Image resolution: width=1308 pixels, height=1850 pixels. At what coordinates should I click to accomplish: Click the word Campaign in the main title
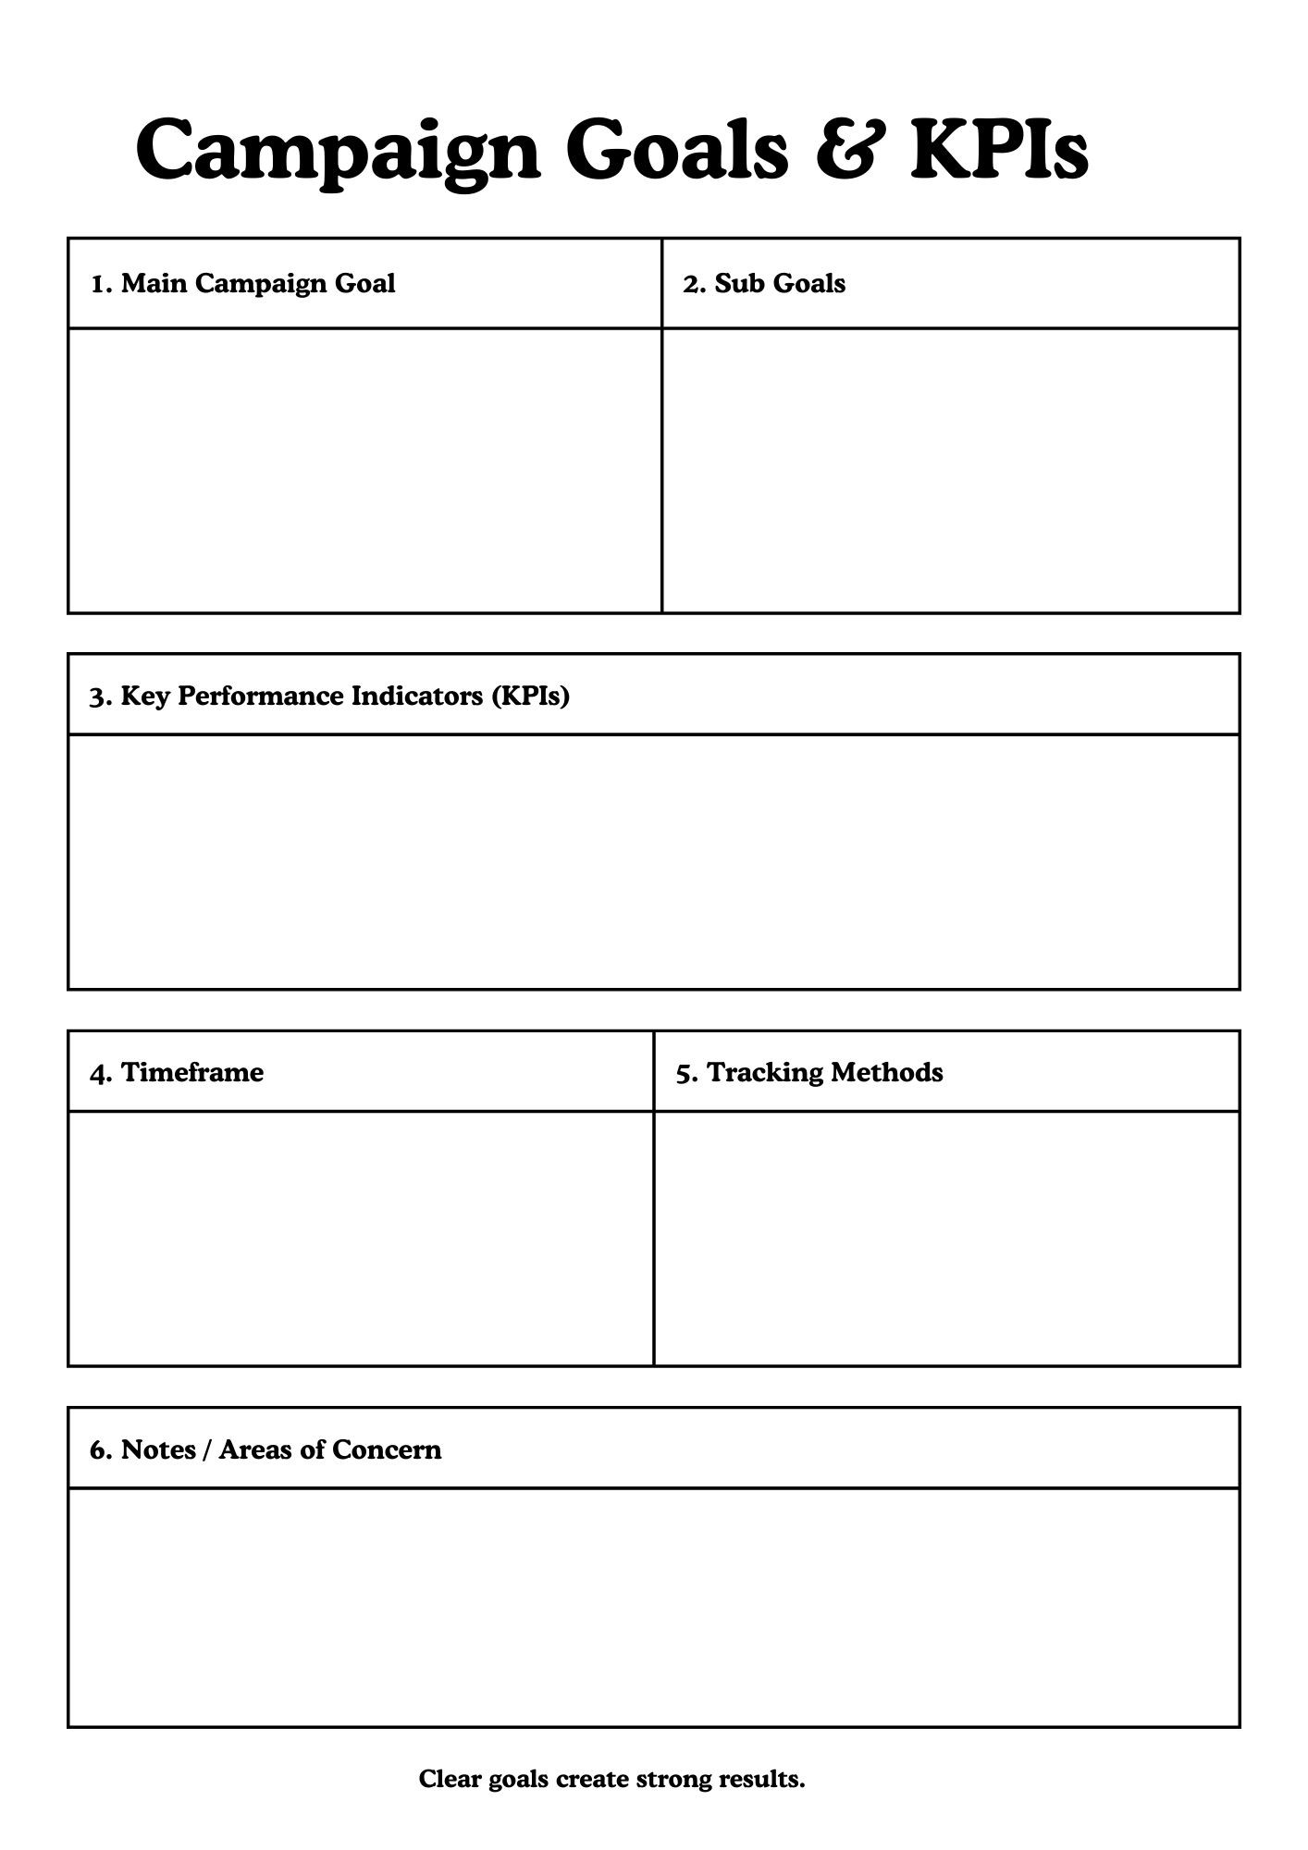click(338, 150)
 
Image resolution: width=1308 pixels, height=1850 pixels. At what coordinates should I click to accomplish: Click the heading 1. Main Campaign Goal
click(242, 283)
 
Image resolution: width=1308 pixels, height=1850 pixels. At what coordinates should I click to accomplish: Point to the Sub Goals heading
click(764, 283)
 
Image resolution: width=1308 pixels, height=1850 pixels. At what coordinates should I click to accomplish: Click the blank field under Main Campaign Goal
click(364, 470)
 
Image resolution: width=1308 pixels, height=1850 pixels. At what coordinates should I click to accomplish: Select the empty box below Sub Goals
click(951, 470)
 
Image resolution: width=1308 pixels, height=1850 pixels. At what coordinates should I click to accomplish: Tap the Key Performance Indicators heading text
click(302, 696)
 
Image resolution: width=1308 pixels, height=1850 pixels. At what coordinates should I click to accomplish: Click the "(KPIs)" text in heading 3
click(530, 696)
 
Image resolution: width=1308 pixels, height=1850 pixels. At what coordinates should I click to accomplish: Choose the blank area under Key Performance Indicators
click(653, 861)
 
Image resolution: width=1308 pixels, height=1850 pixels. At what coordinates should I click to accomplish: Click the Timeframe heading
click(177, 1072)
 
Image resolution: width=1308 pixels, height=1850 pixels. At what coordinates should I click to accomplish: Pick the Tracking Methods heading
click(809, 1072)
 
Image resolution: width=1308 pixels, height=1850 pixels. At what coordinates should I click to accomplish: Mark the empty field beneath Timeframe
click(361, 1238)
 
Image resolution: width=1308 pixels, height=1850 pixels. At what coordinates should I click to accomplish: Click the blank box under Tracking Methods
click(946, 1238)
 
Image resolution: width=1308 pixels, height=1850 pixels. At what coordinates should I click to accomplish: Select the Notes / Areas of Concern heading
click(265, 1449)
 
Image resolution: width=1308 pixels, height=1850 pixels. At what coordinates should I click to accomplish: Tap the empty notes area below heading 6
click(653, 1607)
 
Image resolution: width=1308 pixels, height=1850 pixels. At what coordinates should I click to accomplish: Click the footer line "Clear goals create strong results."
click(611, 1779)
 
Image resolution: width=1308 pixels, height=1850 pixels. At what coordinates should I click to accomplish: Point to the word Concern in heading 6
click(387, 1449)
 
